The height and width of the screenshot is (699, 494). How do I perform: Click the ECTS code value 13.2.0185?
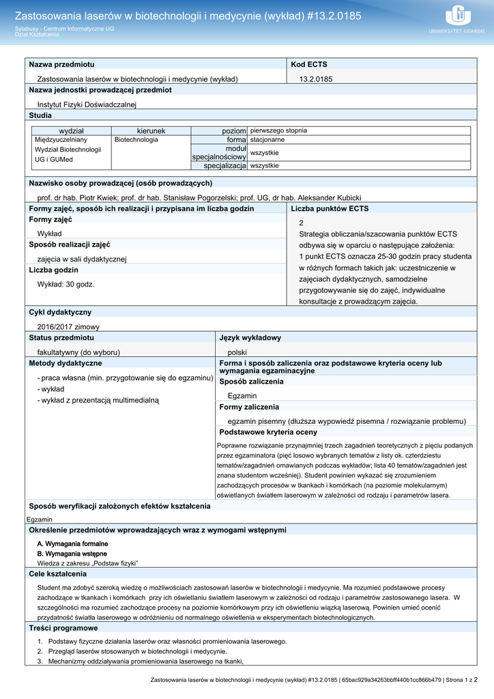click(316, 79)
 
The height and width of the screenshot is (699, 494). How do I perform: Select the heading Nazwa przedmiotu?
click(61, 64)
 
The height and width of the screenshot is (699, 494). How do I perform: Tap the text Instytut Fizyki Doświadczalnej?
click(87, 104)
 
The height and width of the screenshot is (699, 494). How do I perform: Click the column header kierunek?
click(151, 130)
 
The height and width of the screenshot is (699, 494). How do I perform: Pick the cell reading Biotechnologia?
click(136, 139)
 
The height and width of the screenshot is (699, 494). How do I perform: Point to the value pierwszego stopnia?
click(278, 130)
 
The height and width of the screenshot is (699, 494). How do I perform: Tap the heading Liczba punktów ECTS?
click(330, 208)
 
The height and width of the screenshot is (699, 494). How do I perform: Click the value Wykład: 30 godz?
click(66, 284)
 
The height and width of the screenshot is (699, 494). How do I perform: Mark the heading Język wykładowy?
click(250, 338)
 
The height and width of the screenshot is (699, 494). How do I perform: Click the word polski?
click(237, 352)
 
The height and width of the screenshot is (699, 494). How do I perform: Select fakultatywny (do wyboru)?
click(78, 352)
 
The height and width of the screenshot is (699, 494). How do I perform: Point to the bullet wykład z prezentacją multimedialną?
click(100, 400)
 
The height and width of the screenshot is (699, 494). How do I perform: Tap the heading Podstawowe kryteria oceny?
click(268, 432)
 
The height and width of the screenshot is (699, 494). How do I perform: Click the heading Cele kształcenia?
click(57, 574)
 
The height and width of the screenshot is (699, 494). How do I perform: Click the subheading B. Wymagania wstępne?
click(72, 554)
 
